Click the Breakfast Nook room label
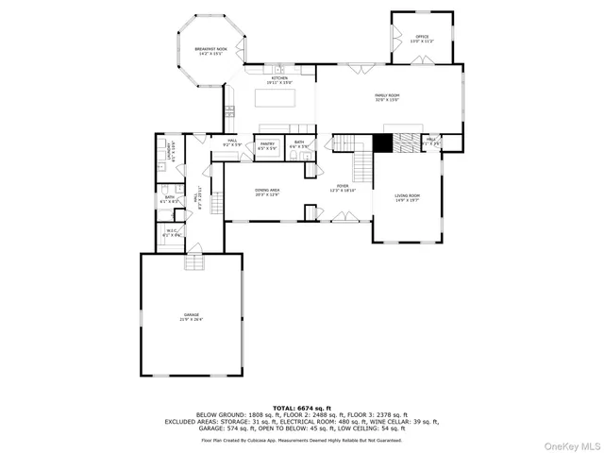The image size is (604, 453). click(209, 51)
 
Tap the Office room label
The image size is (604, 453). click(422, 39)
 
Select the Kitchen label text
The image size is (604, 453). click(279, 79)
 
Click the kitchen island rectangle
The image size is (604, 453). click(280, 97)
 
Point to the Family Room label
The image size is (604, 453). click(388, 97)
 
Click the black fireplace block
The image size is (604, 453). click(382, 143)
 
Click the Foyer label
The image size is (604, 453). click(342, 189)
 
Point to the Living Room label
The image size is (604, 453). click(408, 197)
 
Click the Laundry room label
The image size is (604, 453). click(170, 151)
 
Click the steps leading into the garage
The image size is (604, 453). click(194, 248)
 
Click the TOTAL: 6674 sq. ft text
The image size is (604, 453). click(301, 408)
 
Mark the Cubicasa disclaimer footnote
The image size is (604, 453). click(301, 440)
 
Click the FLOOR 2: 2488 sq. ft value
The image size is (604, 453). click(301, 414)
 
